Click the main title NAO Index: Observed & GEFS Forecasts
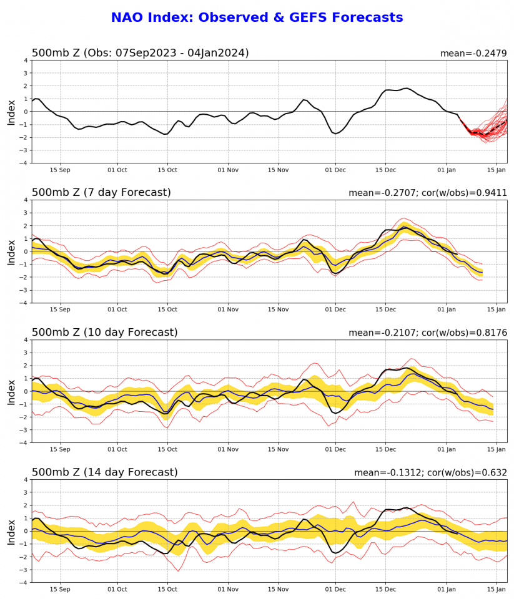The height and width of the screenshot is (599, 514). [257, 18]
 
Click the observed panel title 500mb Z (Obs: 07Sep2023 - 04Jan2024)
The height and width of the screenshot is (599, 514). [140, 53]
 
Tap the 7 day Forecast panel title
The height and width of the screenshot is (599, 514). [101, 193]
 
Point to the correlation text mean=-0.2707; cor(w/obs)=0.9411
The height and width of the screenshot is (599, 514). [427, 193]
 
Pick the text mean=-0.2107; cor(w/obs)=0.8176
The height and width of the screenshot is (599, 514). [427, 333]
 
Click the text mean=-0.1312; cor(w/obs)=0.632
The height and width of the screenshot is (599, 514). [430, 473]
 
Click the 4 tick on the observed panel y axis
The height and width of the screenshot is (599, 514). [26, 61]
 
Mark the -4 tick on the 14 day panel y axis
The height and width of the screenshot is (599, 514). [24, 583]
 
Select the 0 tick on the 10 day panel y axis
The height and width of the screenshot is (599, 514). [26, 391]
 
